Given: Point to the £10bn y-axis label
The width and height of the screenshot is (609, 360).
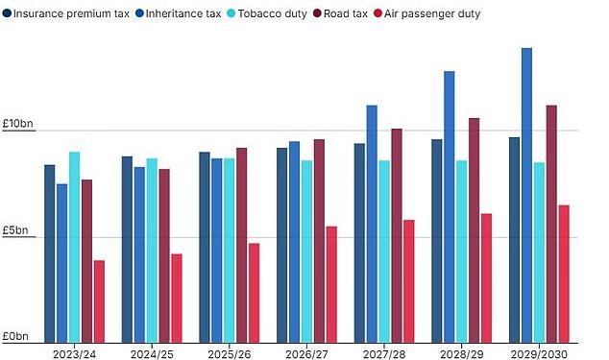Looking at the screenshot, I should point(17,124).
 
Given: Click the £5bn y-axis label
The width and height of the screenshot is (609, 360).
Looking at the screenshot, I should point(14,230).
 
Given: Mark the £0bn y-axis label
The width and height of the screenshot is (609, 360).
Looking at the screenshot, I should point(14,336).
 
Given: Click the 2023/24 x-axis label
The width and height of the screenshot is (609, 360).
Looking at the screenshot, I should point(74,352).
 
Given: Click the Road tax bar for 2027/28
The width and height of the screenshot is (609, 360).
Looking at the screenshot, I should point(397,235).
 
